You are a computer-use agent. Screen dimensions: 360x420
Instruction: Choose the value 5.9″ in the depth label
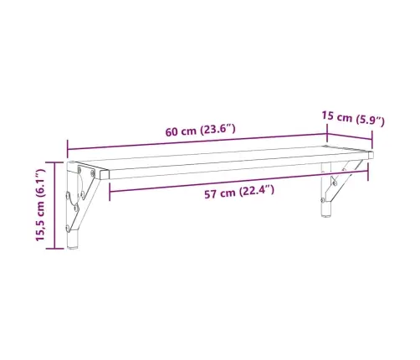[x=370, y=121]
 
